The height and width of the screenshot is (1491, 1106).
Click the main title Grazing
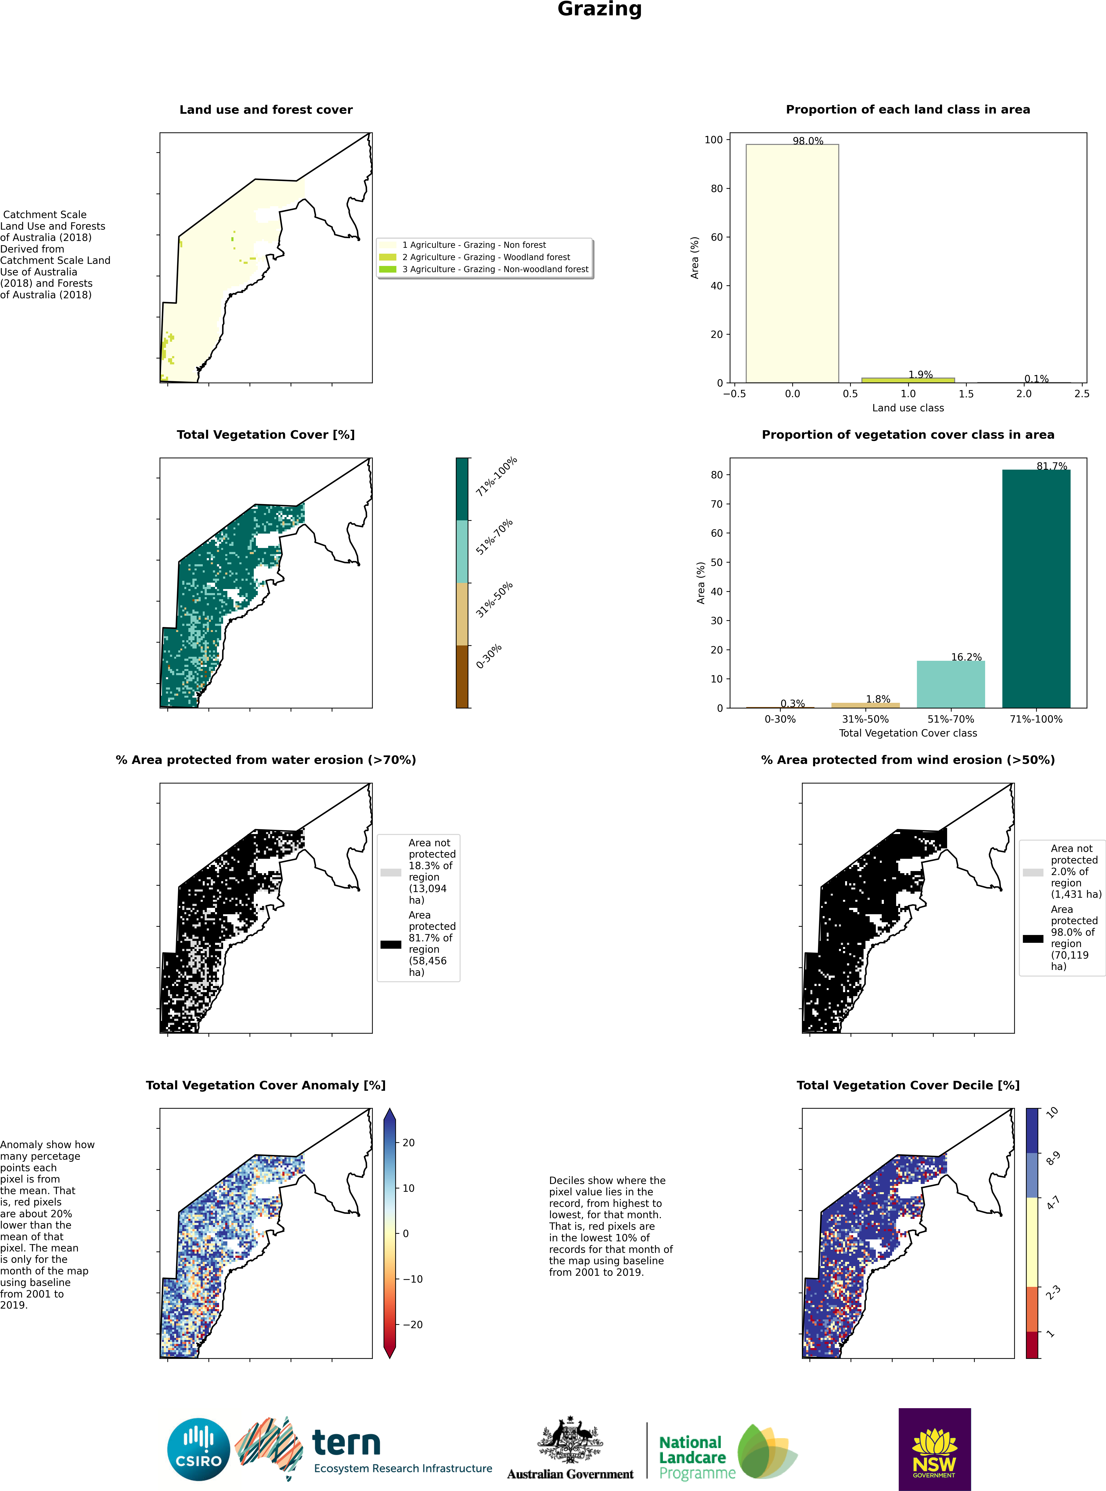[x=599, y=9]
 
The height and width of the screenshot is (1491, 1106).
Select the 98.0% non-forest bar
[x=792, y=264]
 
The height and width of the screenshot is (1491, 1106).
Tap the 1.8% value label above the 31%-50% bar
[x=878, y=699]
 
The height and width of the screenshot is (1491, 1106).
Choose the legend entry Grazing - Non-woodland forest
[x=483, y=269]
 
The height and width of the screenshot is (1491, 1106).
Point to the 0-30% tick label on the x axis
[x=780, y=719]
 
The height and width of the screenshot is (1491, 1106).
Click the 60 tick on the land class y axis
[x=717, y=237]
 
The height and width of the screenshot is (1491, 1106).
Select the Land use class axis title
[x=908, y=408]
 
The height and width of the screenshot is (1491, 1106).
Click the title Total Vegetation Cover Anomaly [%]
[x=266, y=1086]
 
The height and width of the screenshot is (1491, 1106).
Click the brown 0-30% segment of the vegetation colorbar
[x=462, y=677]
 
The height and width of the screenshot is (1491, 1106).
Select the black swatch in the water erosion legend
[x=391, y=944]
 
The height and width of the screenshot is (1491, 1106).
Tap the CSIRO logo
[x=199, y=1449]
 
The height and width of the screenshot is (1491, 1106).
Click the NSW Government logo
[x=935, y=1449]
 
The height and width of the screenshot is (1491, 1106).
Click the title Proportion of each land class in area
[x=908, y=110]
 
